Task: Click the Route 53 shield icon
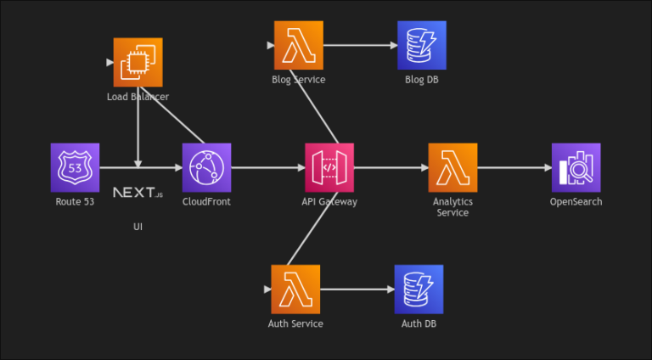75,167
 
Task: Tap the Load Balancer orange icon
138,62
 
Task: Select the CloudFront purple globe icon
206,167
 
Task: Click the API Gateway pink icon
329,167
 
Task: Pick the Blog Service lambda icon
299,45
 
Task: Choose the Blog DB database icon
421,45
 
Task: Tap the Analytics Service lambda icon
452,167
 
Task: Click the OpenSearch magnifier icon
576,167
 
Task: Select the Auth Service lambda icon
295,289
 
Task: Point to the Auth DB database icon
419,289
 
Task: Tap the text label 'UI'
138,227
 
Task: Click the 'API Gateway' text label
329,202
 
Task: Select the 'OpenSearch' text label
576,202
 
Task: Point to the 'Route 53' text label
75,202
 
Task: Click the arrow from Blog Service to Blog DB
360,45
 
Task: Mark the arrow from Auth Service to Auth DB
357,290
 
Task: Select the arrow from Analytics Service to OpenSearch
514,167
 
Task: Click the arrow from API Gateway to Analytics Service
391,167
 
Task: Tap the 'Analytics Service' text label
452,207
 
